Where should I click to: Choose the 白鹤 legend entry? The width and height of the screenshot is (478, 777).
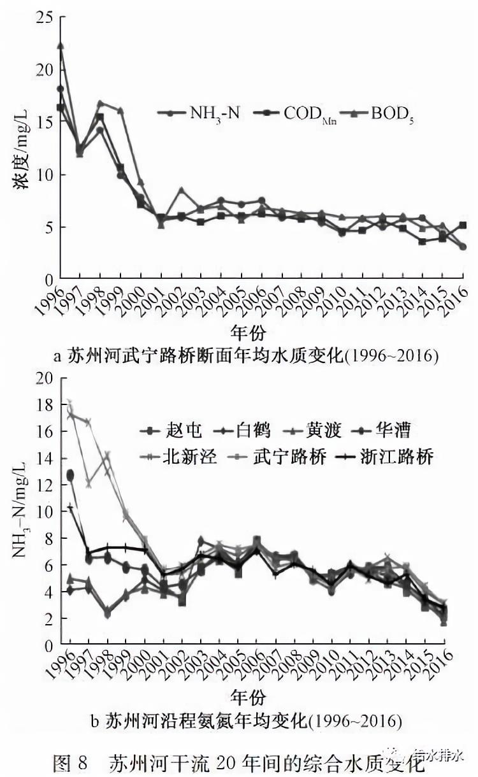(239, 431)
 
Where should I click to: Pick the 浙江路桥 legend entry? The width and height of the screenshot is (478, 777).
(370, 457)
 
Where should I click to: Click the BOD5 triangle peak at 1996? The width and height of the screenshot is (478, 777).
(61, 46)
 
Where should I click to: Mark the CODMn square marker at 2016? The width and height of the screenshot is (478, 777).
(463, 225)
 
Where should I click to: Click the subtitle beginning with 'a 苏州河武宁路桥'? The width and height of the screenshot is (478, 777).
(245, 355)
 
